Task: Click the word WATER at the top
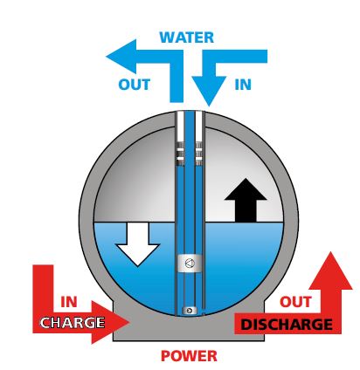tap(187, 38)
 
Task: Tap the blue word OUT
tap(135, 85)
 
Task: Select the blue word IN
tap(243, 85)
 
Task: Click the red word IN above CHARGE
tap(69, 302)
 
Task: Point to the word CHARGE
tap(73, 323)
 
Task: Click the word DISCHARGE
tap(287, 325)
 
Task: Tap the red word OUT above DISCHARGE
tap(295, 302)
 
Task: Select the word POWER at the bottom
tap(189, 356)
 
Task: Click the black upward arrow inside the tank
tap(246, 200)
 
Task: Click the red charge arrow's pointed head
tap(111, 322)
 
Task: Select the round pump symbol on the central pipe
tap(190, 264)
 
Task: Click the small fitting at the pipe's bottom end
tap(190, 311)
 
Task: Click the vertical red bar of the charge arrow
tap(43, 291)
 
